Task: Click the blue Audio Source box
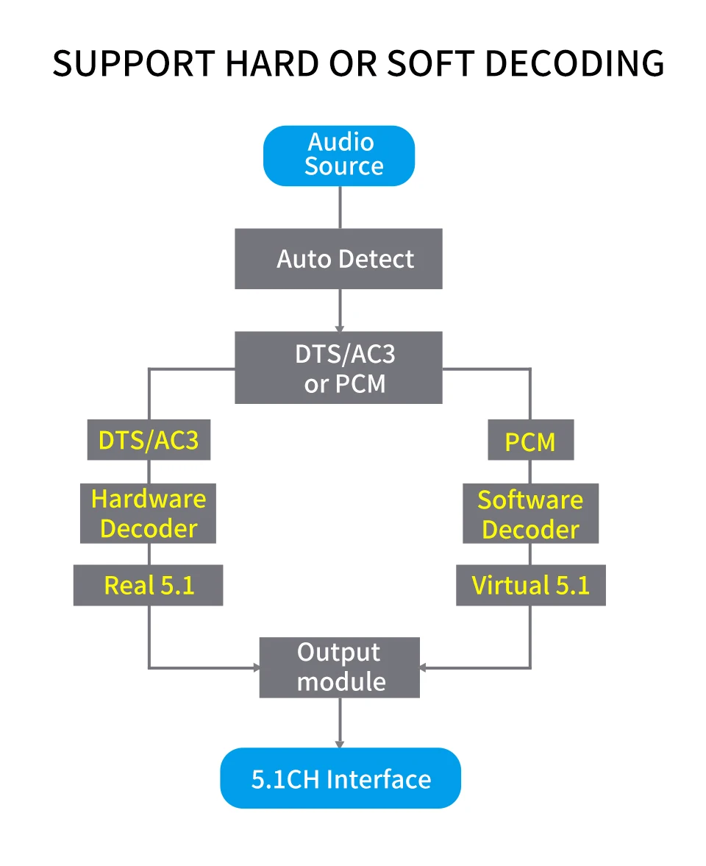pos(339,156)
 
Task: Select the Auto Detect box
pos(338,258)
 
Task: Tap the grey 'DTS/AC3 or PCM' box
pos(338,368)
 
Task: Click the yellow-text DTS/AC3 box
pos(149,440)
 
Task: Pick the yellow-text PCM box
pos(530,440)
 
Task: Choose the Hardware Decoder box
pos(148,514)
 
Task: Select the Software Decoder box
pos(530,514)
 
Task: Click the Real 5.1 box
pos(148,585)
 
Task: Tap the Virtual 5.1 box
pos(530,585)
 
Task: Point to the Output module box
pos(340,667)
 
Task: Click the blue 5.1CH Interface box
pos(340,778)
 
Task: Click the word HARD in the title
pos(271,63)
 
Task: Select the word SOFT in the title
pos(431,63)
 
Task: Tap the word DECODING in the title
pos(574,63)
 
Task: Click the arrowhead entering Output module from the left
pos(256,668)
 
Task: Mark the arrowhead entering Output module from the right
pos(424,668)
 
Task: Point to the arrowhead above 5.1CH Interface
pos(340,744)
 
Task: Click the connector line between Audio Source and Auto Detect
pos(340,207)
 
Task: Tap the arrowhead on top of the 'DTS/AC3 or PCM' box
pos(340,328)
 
